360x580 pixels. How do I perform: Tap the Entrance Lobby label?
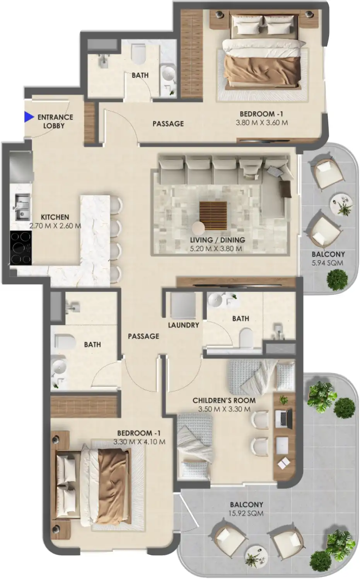pyautogui.click(x=55, y=121)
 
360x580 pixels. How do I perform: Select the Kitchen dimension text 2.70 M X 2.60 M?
pyautogui.click(x=55, y=226)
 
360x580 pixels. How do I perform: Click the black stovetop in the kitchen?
pyautogui.click(x=20, y=248)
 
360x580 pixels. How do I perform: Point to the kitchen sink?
pyautogui.click(x=22, y=206)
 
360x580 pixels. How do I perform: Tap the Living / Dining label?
pyautogui.click(x=217, y=240)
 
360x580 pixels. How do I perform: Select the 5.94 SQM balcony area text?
pyautogui.click(x=328, y=263)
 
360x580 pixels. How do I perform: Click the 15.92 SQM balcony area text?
pyautogui.click(x=246, y=513)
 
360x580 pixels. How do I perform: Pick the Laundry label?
pyautogui.click(x=183, y=325)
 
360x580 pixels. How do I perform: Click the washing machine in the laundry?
pyautogui.click(x=183, y=305)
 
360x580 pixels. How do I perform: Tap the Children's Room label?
pyautogui.click(x=224, y=401)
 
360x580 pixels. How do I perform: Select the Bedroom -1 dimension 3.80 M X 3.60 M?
pyautogui.click(x=261, y=123)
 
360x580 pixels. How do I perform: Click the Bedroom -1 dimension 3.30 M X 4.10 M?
pyautogui.click(x=139, y=442)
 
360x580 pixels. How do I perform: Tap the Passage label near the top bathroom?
pyautogui.click(x=168, y=124)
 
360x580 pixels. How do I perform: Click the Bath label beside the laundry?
pyautogui.click(x=240, y=319)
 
